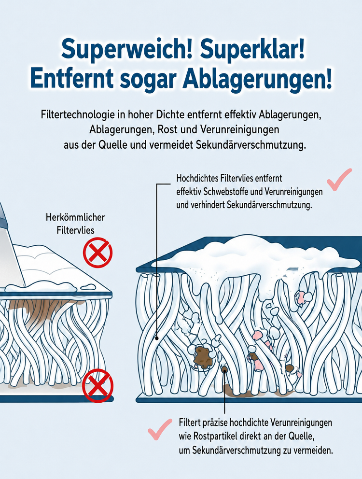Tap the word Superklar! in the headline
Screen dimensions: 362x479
[252, 48]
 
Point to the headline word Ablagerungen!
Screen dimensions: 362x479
[257, 79]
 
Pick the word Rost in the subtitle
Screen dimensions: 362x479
[167, 129]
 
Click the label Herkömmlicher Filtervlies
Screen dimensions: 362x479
[75, 224]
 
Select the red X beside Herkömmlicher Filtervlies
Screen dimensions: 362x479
[98, 253]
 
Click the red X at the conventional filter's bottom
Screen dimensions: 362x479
[98, 385]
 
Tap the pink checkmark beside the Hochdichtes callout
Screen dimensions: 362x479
[339, 180]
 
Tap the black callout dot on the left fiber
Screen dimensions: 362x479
[157, 338]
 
